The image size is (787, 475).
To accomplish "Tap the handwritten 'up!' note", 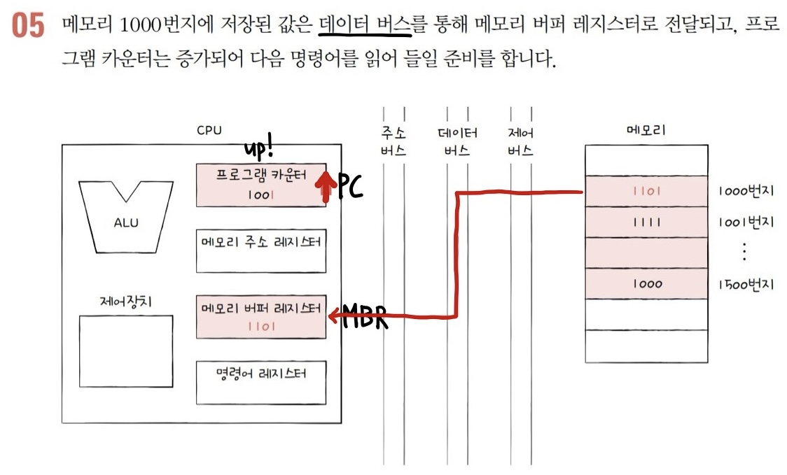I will point(260,149).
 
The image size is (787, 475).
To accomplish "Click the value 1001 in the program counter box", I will point(260,196).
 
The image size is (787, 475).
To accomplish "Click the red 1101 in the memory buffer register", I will point(260,327).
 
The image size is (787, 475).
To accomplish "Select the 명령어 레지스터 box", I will point(261,382).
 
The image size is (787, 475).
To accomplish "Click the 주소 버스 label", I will point(393,141).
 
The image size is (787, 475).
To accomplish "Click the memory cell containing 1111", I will point(646,222).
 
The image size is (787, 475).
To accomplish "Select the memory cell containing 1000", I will point(646,284).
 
